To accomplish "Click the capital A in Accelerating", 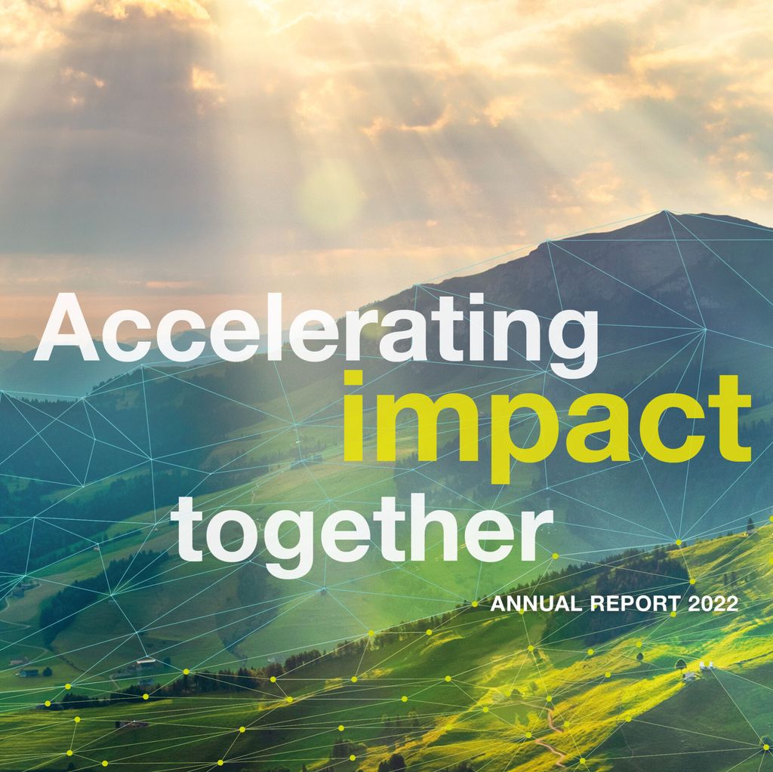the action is click(x=67, y=327).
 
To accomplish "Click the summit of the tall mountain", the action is click(x=664, y=212).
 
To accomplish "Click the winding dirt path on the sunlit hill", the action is click(x=552, y=734).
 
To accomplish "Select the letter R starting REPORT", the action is click(x=598, y=604).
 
